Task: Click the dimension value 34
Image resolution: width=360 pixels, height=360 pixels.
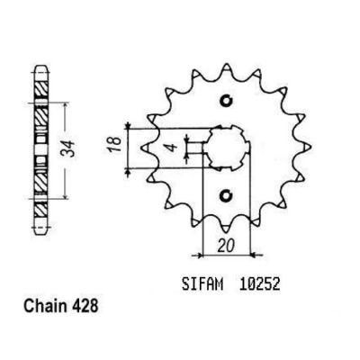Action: point(70,148)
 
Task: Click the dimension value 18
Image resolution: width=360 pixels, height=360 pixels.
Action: point(116,144)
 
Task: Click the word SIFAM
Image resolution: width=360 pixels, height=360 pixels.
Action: point(202,283)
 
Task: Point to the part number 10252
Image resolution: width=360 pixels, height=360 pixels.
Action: point(260,283)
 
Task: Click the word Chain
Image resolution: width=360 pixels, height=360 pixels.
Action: point(45,306)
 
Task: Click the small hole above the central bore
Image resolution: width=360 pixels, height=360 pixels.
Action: point(227,101)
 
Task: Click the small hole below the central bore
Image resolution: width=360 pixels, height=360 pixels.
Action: point(227,195)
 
